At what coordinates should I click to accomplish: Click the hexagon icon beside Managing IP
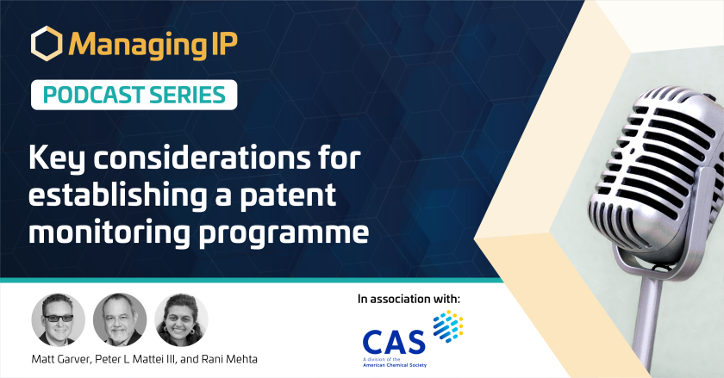pyautogui.click(x=47, y=43)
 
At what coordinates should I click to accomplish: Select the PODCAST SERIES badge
pyautogui.click(x=134, y=95)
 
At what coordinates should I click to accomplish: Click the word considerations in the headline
pyautogui.click(x=203, y=158)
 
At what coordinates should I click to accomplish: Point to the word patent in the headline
pyautogui.click(x=288, y=195)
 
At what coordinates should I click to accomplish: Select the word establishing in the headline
pyautogui.click(x=118, y=195)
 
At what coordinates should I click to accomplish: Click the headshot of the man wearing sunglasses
pyautogui.click(x=59, y=319)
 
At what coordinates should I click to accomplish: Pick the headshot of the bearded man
pyautogui.click(x=120, y=319)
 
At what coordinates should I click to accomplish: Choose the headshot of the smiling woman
pyautogui.click(x=181, y=319)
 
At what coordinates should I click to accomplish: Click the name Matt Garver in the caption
pyautogui.click(x=61, y=359)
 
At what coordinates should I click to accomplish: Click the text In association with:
pyautogui.click(x=409, y=299)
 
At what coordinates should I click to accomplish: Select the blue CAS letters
pyautogui.click(x=394, y=342)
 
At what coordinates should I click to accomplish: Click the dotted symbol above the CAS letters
pyautogui.click(x=448, y=326)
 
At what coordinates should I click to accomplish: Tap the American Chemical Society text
pyautogui.click(x=395, y=365)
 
